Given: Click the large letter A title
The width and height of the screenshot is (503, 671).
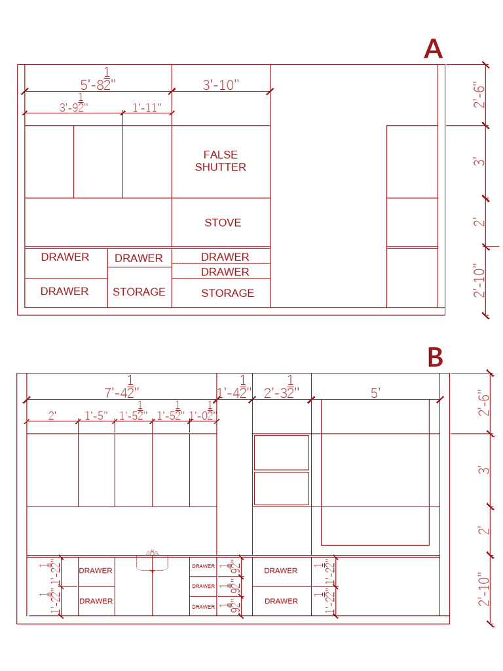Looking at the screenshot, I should coord(434,49).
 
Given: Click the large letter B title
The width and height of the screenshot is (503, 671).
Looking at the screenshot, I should coord(435,358).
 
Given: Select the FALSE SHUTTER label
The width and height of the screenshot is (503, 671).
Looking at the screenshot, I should coord(221,161).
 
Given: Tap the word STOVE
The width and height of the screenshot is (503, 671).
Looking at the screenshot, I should coord(223,223).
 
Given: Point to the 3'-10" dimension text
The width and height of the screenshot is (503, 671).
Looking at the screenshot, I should coord(221,85).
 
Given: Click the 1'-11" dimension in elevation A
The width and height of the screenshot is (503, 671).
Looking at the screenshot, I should coord(147,107).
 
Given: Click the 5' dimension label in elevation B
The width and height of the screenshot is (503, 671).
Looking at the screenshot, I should coord(375,393).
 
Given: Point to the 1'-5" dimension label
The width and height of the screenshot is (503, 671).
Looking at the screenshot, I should coord(96,415).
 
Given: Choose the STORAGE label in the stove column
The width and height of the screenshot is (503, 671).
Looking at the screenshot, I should coord(227,293).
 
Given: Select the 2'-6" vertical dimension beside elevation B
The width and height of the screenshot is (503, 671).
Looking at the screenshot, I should coord(484,403).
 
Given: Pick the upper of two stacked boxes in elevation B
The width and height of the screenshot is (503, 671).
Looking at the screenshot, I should coord(281,452).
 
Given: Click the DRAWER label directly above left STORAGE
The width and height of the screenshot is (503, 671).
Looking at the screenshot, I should coord(139,258).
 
